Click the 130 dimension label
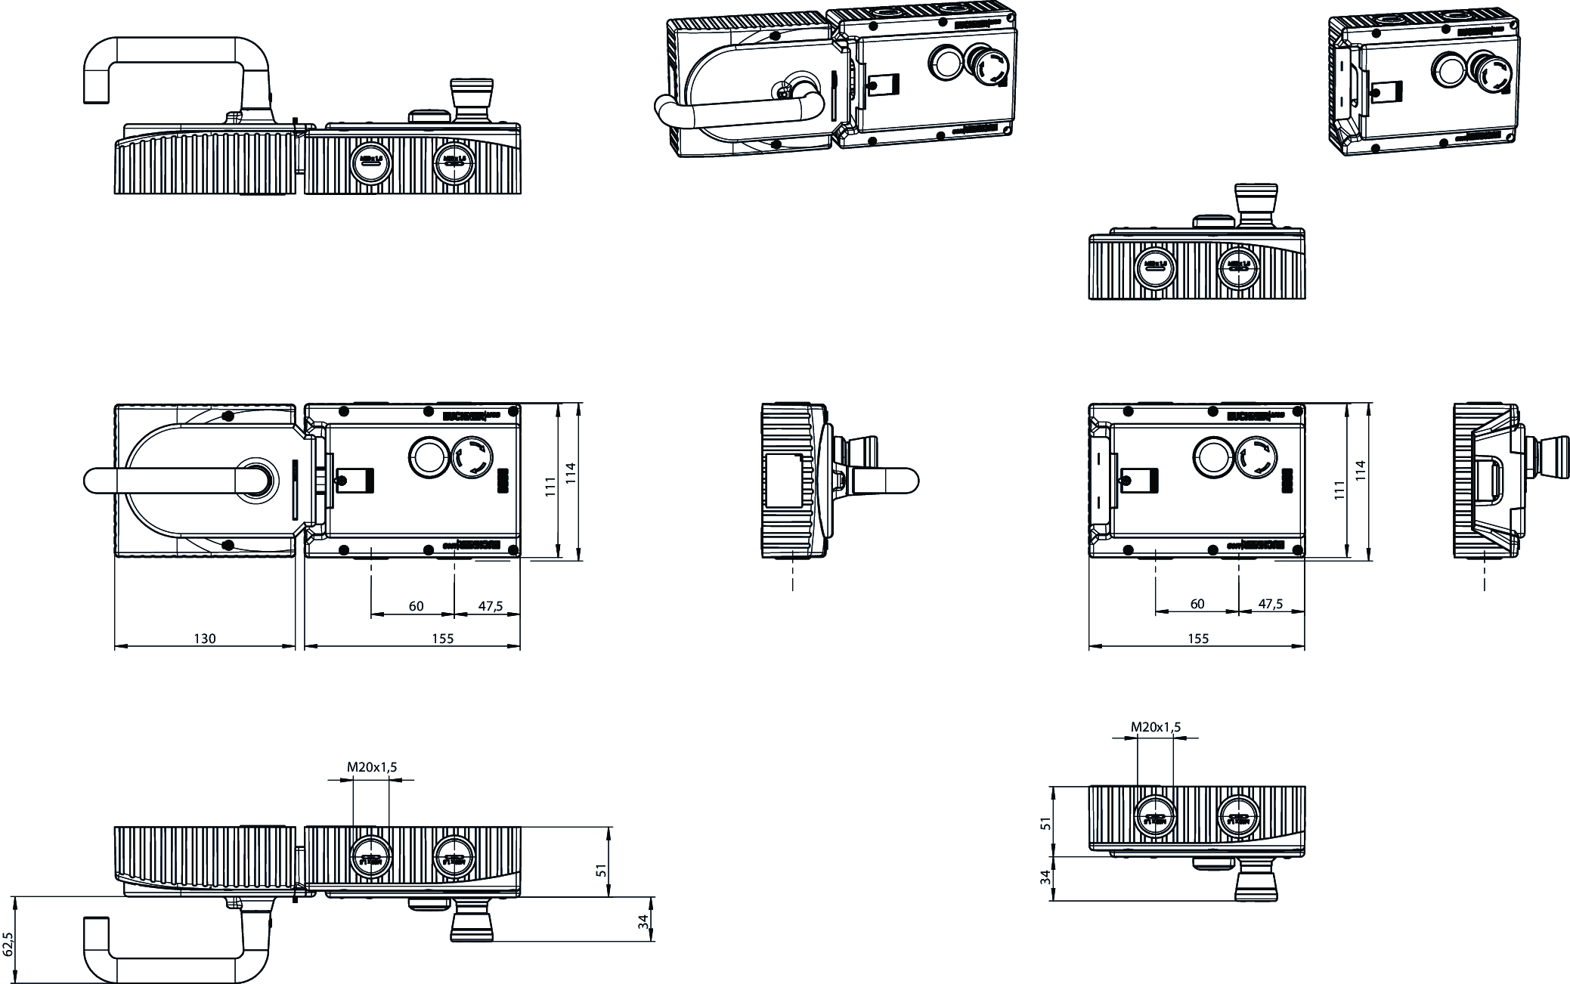coord(205,639)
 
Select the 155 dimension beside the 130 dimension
coord(443,639)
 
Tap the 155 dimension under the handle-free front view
coord(1198,639)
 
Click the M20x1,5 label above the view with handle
coord(372,767)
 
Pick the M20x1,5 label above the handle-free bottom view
coord(1155,727)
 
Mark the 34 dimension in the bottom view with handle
coord(643,922)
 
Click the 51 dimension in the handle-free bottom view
coord(1046,823)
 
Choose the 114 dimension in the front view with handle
coord(571,474)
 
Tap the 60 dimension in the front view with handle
coord(416,606)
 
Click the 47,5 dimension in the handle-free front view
coord(1270,605)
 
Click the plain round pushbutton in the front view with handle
coord(428,456)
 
